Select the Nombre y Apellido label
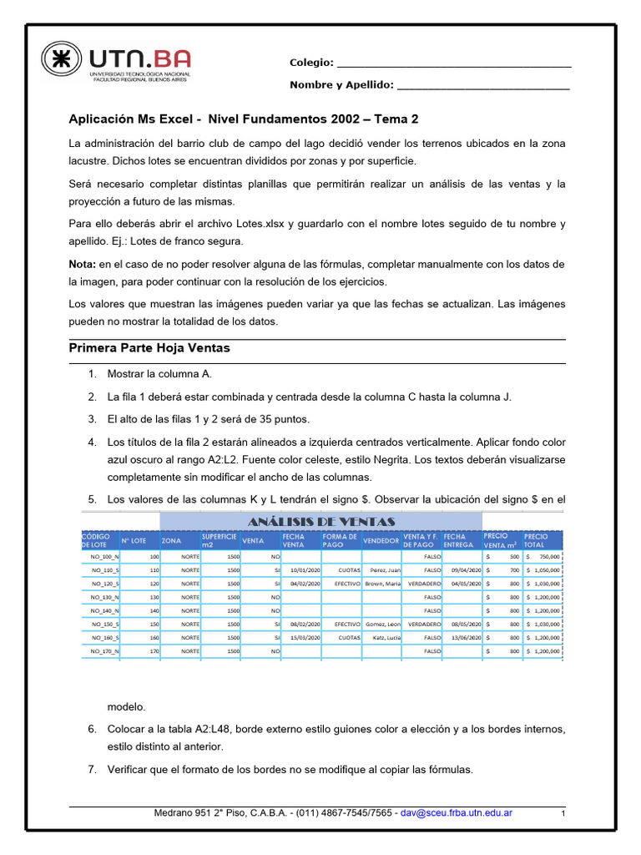(341, 85)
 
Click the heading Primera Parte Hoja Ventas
(149, 347)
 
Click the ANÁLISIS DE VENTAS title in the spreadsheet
(320, 522)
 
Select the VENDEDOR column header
(381, 541)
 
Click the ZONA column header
(171, 541)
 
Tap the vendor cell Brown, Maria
(382, 584)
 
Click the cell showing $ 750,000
(543, 556)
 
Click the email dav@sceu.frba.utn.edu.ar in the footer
(456, 812)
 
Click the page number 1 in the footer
(563, 813)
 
